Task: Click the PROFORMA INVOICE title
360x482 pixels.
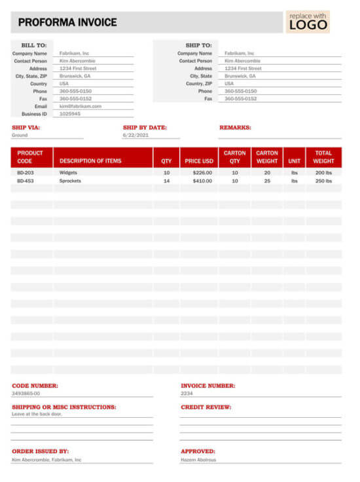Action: click(67, 22)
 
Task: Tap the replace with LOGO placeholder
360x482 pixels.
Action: click(308, 22)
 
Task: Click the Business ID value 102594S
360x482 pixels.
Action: click(70, 113)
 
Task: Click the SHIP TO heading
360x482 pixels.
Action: click(198, 45)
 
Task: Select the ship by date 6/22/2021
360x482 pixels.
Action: click(135, 136)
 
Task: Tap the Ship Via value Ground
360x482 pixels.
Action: click(20, 136)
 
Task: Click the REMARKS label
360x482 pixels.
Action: click(235, 128)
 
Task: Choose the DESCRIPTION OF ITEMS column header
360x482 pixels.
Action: click(90, 160)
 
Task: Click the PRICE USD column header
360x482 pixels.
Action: click(199, 160)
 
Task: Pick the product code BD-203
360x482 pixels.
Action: click(26, 173)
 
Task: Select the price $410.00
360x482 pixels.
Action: click(202, 181)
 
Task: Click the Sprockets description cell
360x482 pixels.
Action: click(70, 181)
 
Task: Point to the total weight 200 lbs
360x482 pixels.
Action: click(323, 173)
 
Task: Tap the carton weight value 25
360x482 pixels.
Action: click(267, 181)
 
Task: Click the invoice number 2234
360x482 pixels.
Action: click(187, 394)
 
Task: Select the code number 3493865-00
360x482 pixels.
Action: click(26, 394)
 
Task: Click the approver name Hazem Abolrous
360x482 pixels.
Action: click(199, 460)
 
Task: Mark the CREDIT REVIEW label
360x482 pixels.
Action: click(206, 407)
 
